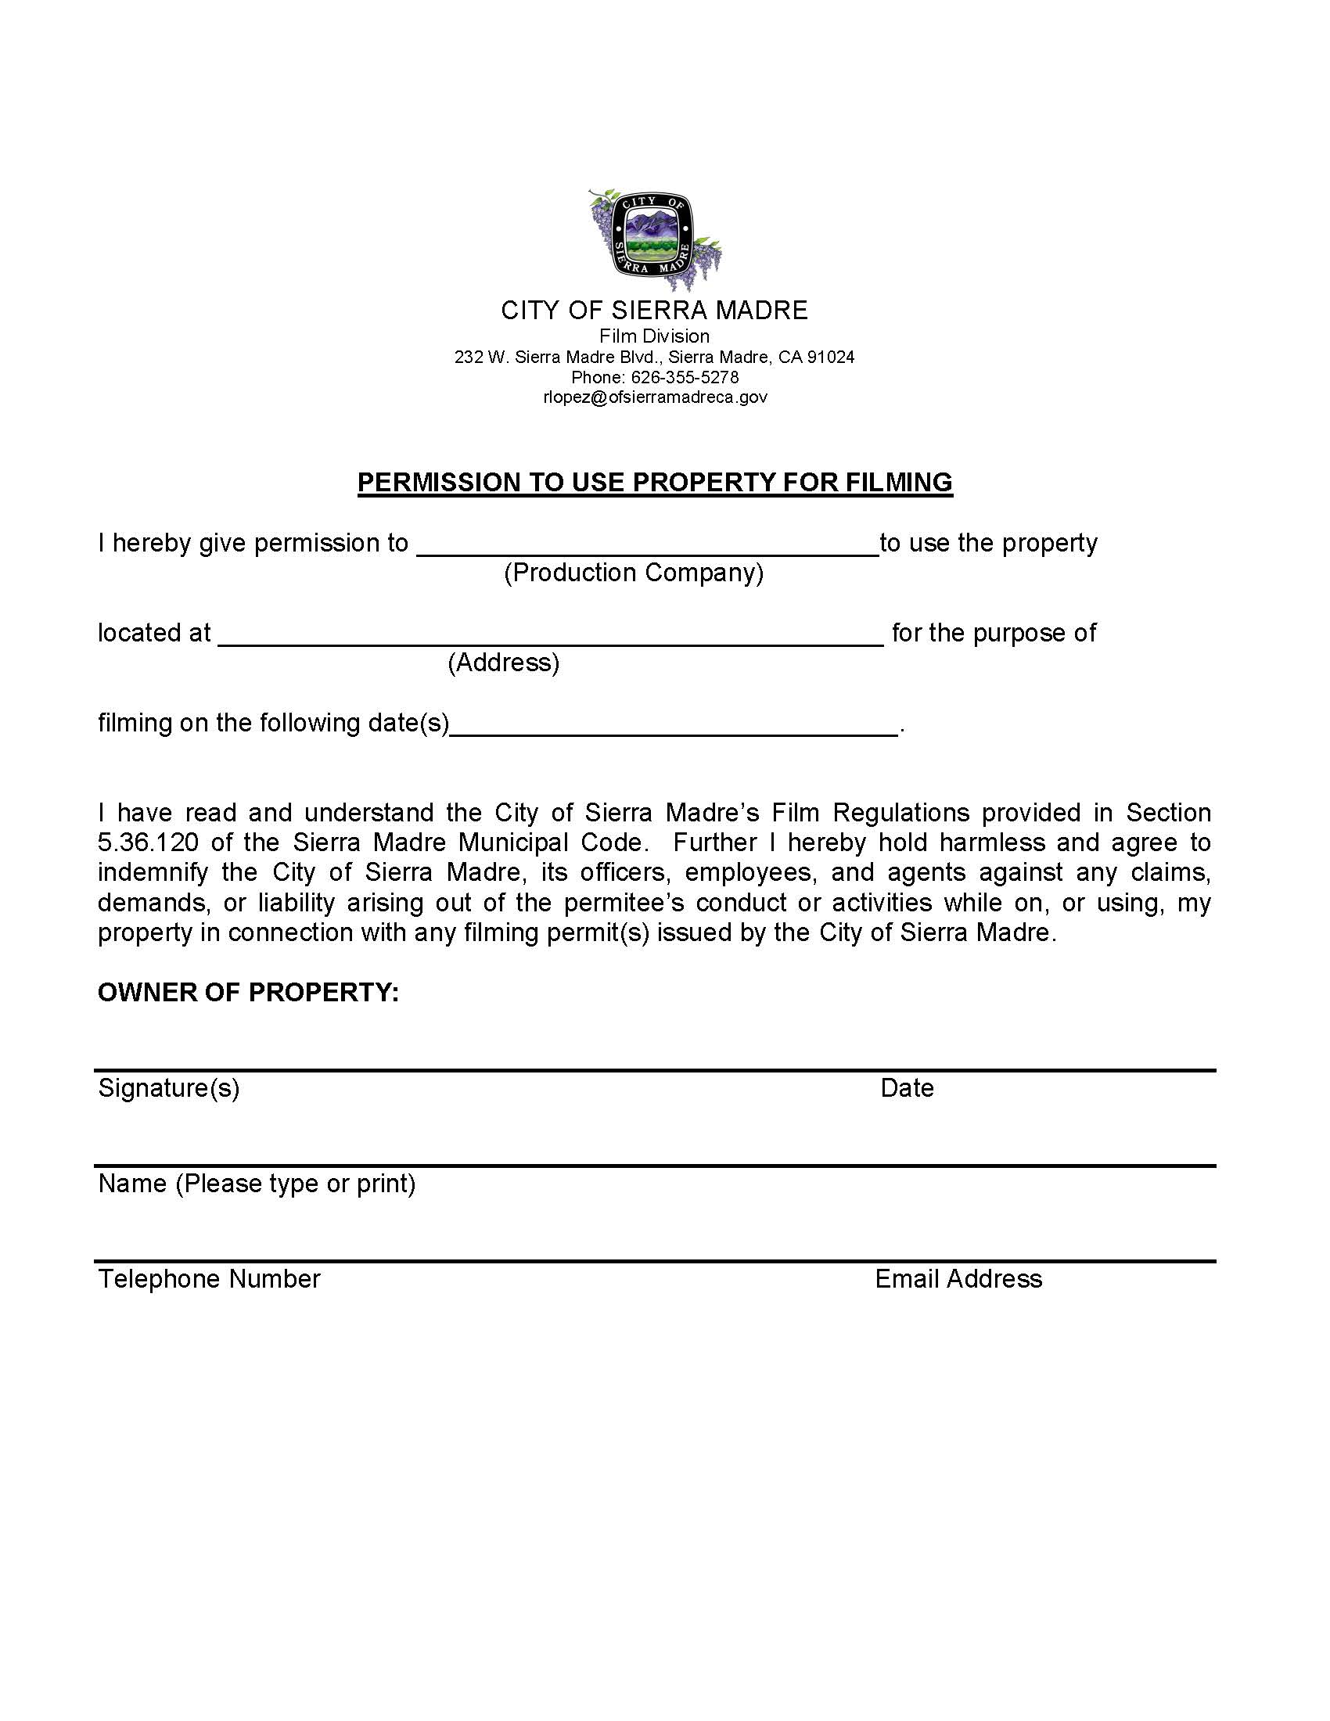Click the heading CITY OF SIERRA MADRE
click(654, 311)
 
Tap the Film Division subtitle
click(654, 336)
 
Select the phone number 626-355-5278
click(684, 378)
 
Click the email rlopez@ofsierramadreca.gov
click(654, 397)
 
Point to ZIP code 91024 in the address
click(830, 357)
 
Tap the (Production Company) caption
click(634, 573)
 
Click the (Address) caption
click(504, 663)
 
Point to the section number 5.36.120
click(148, 843)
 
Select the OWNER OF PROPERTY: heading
click(248, 993)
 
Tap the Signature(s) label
click(169, 1088)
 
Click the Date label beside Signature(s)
click(907, 1088)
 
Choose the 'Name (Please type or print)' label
click(257, 1184)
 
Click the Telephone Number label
click(209, 1279)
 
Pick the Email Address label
click(958, 1279)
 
